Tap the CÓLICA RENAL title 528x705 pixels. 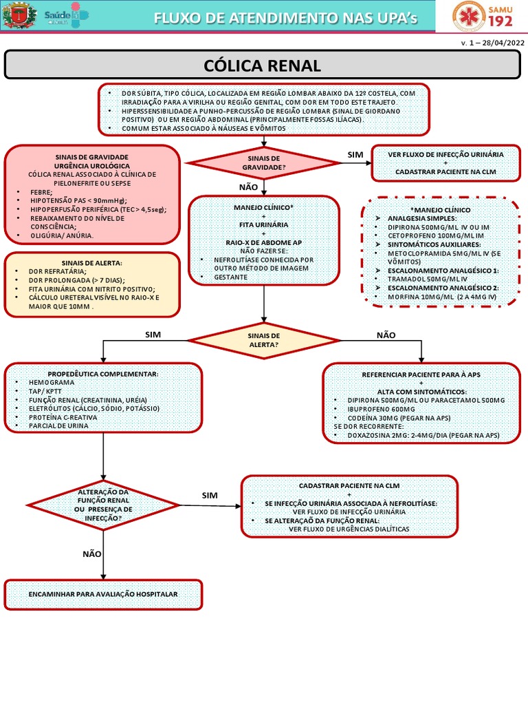pos(263,66)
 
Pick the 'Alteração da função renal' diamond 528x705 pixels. pos(103,505)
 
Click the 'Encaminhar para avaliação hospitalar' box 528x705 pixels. pos(103,594)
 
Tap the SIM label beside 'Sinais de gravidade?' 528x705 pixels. pos(355,155)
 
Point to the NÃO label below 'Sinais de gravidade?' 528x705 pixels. pos(247,187)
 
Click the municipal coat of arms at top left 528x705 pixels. pos(19,16)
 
